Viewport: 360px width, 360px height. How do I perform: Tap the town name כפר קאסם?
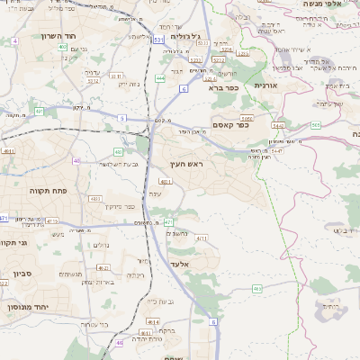[230, 124]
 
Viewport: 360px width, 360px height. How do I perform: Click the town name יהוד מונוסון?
[28, 307]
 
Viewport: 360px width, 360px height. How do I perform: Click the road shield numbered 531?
[158, 40]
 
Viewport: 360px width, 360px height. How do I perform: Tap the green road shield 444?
[159, 78]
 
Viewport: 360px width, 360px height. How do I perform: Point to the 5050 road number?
[245, 117]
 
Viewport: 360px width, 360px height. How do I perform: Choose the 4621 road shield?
[103, 268]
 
